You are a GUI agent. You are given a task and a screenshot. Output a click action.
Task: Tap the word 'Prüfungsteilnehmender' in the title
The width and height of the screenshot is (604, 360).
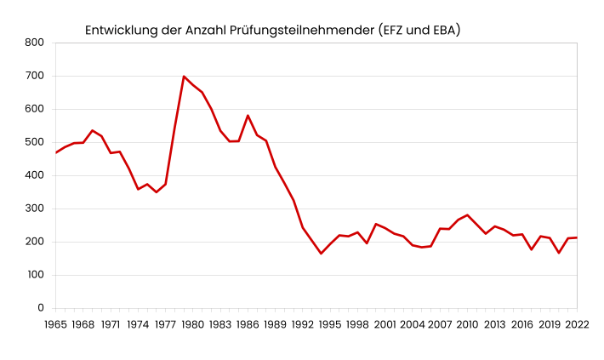(302, 31)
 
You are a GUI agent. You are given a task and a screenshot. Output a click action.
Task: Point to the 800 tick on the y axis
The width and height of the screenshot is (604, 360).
(35, 43)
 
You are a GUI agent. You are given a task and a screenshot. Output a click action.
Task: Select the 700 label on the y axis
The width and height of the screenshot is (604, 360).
(35, 76)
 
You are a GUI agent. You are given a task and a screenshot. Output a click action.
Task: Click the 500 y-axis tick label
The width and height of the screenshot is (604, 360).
(35, 142)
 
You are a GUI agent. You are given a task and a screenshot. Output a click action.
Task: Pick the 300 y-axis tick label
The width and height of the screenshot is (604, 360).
(35, 209)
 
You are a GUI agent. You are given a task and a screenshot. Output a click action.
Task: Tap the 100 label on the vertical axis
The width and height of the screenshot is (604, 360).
(35, 275)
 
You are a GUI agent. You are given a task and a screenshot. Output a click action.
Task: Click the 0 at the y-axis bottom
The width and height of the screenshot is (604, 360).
(41, 308)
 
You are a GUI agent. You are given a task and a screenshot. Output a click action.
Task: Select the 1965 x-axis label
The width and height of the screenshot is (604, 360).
(55, 324)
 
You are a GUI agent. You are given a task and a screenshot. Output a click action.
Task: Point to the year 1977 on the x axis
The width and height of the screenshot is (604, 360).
(165, 324)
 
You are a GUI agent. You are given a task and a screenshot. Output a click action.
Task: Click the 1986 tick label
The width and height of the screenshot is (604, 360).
(248, 324)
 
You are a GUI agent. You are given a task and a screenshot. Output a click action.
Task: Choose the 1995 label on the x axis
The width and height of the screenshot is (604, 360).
(330, 324)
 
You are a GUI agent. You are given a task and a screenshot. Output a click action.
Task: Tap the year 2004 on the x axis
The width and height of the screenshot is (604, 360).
(413, 324)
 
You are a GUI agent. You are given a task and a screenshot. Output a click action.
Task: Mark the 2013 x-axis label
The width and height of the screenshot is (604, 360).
(494, 324)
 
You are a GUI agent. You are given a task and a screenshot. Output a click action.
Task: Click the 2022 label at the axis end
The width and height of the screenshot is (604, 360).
(577, 324)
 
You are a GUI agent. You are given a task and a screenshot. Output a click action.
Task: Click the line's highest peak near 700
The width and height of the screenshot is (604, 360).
(184, 77)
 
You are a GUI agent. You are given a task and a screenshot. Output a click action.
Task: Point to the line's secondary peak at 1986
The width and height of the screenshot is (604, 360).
(248, 116)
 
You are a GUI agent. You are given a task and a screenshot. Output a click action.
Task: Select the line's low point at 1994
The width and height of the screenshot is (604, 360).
(321, 254)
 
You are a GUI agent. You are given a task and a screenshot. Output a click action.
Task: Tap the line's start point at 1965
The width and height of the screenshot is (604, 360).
(56, 152)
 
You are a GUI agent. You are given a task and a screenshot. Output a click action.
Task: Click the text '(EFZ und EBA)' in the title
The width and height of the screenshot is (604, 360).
(419, 31)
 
